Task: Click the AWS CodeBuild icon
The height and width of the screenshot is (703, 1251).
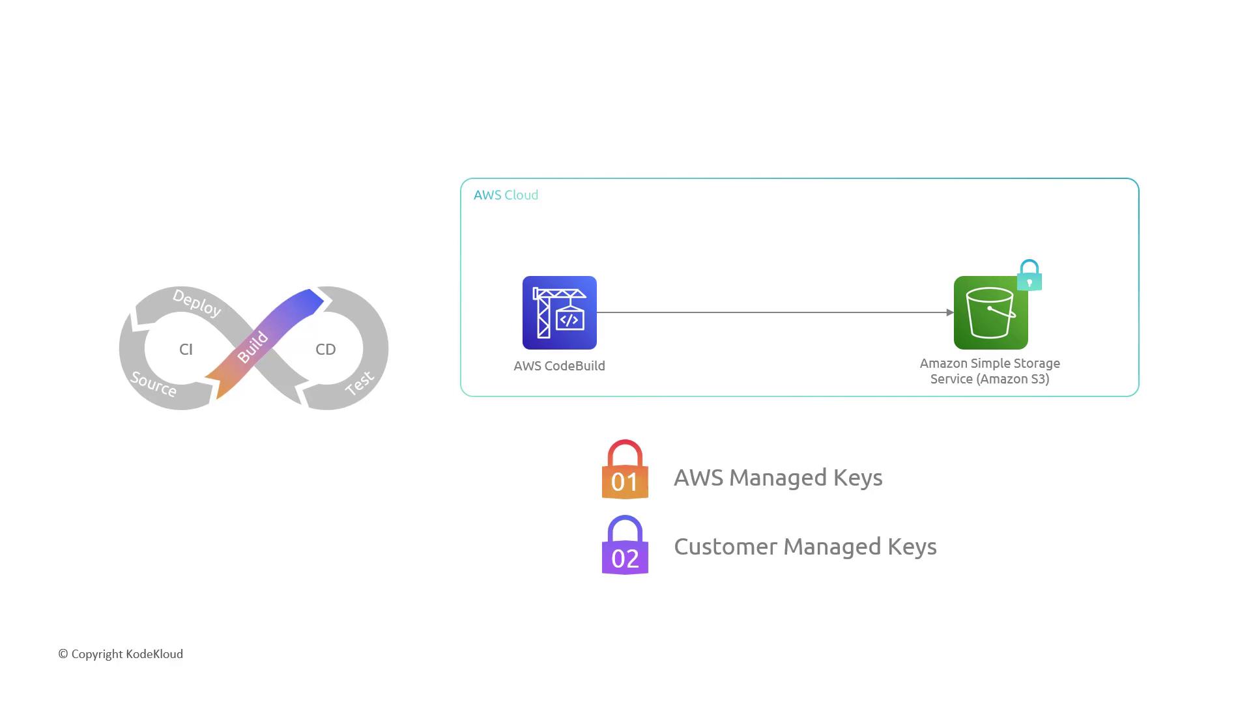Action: point(559,312)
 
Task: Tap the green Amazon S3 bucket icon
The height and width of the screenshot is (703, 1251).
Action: point(990,313)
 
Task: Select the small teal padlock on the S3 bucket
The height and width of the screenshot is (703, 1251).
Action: point(1029,276)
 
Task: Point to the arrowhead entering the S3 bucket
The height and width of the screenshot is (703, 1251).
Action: point(949,312)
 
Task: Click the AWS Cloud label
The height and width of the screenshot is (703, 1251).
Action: point(506,195)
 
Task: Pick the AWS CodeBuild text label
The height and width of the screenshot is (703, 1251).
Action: point(559,366)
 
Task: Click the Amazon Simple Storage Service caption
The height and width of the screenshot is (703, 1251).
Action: point(990,371)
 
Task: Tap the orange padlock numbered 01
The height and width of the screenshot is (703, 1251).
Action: point(625,470)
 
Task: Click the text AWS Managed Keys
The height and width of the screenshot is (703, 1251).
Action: point(778,477)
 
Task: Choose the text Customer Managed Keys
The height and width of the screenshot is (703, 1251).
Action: point(805,547)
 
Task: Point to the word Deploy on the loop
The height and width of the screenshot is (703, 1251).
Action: point(197,303)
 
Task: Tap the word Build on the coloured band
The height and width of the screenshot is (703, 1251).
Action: point(253,347)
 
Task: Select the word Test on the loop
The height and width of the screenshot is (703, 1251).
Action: point(359,383)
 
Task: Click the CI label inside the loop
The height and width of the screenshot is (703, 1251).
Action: point(186,350)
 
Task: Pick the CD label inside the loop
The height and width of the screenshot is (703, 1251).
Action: point(326,350)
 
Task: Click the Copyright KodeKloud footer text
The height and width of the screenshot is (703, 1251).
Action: point(121,654)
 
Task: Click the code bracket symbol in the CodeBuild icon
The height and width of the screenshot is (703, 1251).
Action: point(569,320)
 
